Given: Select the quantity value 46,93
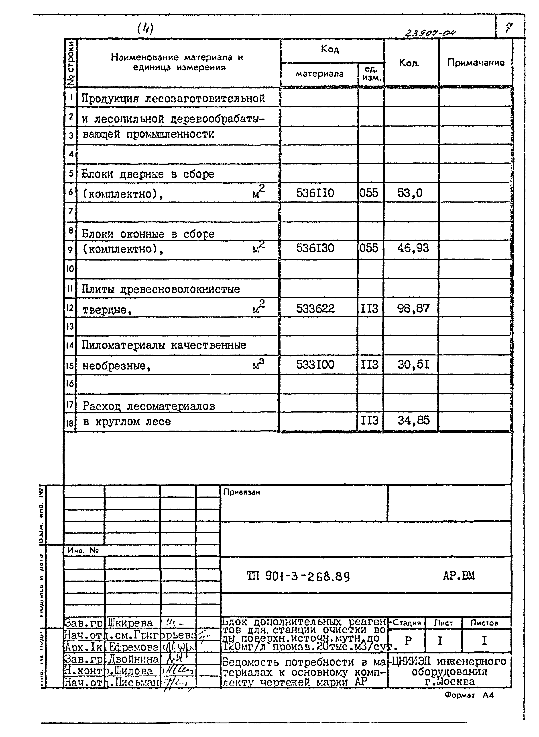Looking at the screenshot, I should pos(413,248).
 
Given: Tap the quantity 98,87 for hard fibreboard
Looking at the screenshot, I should pos(413,308).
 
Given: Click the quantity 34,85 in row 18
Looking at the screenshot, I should pos(413,421).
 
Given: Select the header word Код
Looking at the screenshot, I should pos(330,49).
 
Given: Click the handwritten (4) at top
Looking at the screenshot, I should pos(145,29).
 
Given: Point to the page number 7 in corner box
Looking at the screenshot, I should pos(509,28).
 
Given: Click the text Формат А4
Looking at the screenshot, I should pos(469,695).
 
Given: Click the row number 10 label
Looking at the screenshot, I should pos(70,269).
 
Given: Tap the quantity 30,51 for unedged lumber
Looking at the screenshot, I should pos(413,364).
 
